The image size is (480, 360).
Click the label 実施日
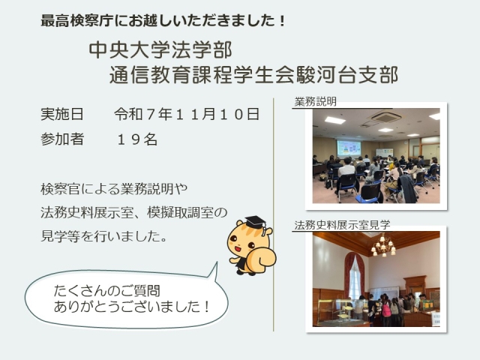pyautogui.click(x=63, y=115)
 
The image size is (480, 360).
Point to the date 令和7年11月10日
pyautogui.click(x=187, y=115)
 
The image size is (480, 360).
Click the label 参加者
pyautogui.click(x=63, y=140)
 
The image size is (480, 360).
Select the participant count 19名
pyautogui.click(x=137, y=140)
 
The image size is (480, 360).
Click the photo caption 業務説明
pyautogui.click(x=316, y=101)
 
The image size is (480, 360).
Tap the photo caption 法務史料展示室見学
pyautogui.click(x=342, y=224)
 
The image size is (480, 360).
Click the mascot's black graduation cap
pyautogui.click(x=256, y=222)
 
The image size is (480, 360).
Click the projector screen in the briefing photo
pyautogui.click(x=349, y=148)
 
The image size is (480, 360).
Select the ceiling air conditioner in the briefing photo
pyautogui.click(x=384, y=117)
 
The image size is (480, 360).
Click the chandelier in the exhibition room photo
pyautogui.click(x=383, y=245)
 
